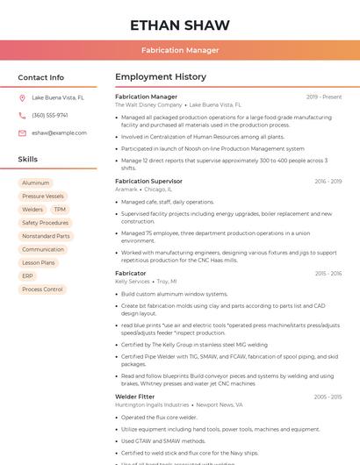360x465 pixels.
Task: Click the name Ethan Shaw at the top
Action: (x=180, y=25)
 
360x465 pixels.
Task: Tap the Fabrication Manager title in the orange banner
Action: (x=180, y=50)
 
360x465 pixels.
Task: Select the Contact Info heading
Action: (x=41, y=77)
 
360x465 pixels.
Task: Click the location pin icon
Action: (x=22, y=98)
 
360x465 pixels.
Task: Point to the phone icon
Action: (x=22, y=116)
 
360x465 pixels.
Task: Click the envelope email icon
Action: (x=22, y=133)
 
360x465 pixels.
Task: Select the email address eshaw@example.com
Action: (x=59, y=133)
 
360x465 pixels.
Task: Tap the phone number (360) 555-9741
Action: (x=50, y=116)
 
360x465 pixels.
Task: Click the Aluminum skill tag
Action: (x=36, y=183)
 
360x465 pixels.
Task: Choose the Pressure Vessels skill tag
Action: (x=43, y=197)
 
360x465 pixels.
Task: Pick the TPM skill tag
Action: (x=60, y=210)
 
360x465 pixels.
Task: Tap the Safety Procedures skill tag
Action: (x=45, y=223)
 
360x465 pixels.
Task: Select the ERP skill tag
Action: (x=28, y=275)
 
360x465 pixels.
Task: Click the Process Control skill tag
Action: (x=42, y=289)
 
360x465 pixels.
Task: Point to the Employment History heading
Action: (x=161, y=77)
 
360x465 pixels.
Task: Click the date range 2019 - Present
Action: (x=324, y=97)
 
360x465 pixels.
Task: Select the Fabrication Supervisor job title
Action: (x=149, y=181)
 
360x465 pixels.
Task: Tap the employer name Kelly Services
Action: (x=133, y=282)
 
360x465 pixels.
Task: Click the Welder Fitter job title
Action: (x=134, y=397)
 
